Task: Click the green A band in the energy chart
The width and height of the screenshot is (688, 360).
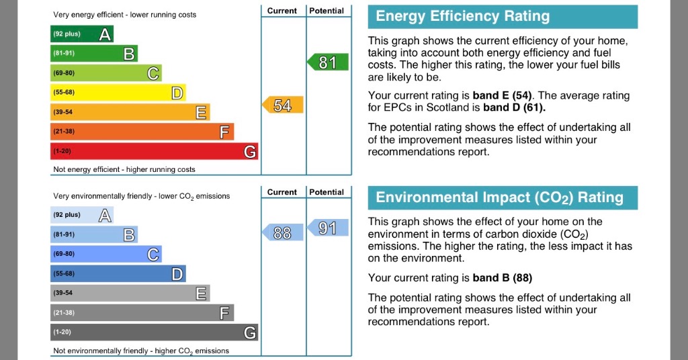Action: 81,34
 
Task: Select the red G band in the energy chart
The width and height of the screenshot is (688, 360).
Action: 154,152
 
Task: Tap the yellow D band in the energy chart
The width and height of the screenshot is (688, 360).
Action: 118,93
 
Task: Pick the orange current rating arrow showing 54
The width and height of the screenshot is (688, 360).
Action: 282,105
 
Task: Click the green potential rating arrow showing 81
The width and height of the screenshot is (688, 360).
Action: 328,63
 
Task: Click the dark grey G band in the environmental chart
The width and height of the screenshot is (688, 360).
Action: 154,332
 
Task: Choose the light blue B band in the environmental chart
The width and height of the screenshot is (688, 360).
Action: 93,234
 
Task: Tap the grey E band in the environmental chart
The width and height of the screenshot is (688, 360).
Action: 130,294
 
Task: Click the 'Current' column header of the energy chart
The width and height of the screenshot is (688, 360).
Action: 282,11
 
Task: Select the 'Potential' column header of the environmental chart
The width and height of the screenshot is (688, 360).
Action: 327,192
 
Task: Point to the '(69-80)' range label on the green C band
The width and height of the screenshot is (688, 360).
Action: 64,73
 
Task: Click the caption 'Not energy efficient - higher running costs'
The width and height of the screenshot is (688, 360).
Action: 124,169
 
